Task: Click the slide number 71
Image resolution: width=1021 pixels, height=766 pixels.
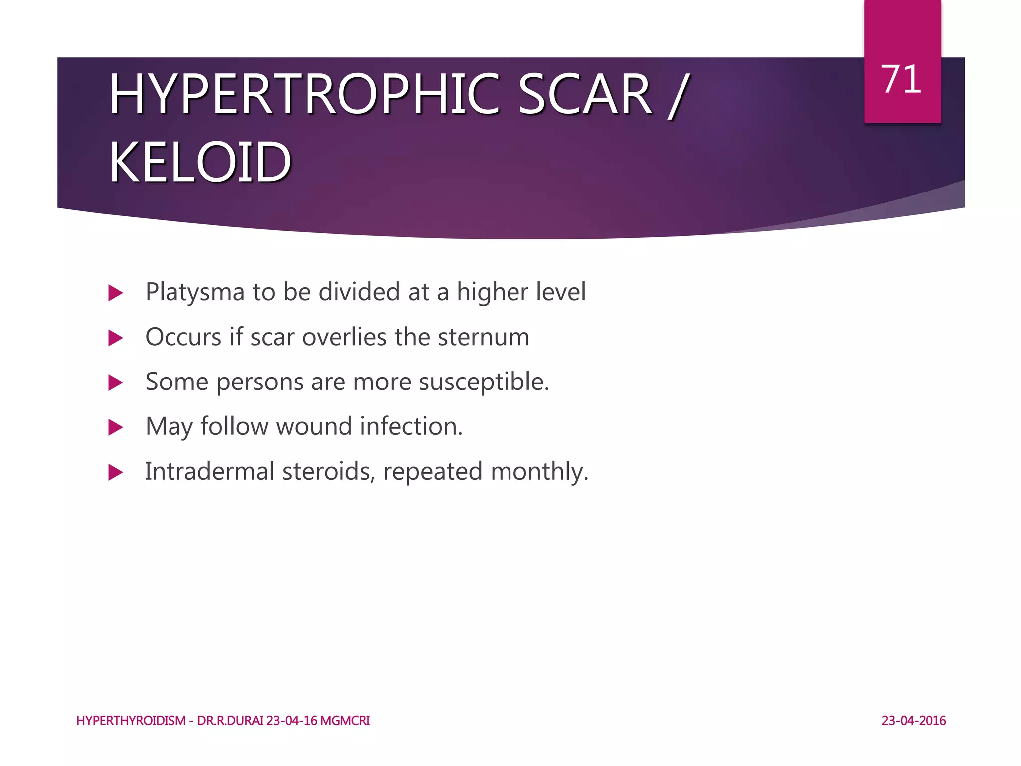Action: pos(901,80)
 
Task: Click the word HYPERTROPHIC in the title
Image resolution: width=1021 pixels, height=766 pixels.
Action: pos(304,95)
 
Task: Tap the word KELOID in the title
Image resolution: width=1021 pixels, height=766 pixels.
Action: pos(200,163)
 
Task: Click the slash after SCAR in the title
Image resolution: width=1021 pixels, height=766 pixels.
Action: pos(679,96)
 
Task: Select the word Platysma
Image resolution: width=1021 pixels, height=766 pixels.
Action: pos(195,293)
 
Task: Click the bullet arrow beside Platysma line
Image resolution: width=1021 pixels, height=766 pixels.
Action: pos(115,293)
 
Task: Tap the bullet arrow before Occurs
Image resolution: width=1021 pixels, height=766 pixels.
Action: pos(115,338)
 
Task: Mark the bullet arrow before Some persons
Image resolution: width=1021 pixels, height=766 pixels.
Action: pos(115,383)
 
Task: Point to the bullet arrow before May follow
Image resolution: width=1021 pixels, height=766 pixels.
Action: pos(115,427)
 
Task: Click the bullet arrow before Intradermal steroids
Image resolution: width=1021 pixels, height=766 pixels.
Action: pos(115,472)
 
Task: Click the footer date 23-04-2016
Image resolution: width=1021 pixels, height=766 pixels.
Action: pos(913,721)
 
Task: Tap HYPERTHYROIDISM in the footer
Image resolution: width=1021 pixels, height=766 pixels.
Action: pos(131,721)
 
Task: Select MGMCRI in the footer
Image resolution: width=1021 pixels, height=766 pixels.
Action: pos(345,721)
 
